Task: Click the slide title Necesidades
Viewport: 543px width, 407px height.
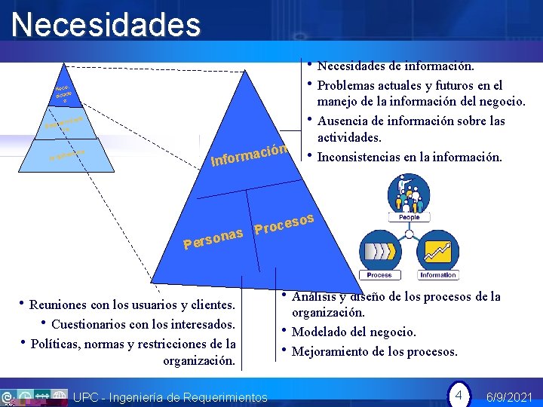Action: pyautogui.click(x=106, y=25)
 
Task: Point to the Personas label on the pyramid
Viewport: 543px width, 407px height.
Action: pyautogui.click(x=213, y=238)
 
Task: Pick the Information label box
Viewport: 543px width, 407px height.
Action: pyautogui.click(x=438, y=275)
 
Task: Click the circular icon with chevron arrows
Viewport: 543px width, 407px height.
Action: pyautogui.click(x=379, y=248)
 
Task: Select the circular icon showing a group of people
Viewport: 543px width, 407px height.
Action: pyautogui.click(x=408, y=192)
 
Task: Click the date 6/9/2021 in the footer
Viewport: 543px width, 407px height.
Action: pyautogui.click(x=510, y=396)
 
